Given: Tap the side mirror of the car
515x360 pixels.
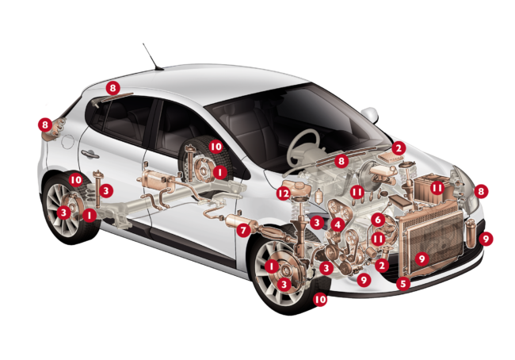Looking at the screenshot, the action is (370, 113).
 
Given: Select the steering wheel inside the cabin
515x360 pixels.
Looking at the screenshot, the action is (303, 147).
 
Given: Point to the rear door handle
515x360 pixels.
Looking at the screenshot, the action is (90, 154).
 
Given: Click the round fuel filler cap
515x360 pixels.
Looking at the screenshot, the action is (68, 141).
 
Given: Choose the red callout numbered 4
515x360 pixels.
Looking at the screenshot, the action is (338, 224).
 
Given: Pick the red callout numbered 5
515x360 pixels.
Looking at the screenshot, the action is (403, 283).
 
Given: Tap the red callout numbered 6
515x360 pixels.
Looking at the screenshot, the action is (378, 220).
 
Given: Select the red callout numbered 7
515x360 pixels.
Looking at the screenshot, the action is (243, 230).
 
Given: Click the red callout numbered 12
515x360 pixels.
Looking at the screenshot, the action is (284, 193).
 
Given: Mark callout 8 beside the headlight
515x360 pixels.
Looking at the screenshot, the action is (481, 191).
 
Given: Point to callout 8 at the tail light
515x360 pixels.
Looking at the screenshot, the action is (45, 124).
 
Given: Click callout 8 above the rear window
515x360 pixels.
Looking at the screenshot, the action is (113, 88).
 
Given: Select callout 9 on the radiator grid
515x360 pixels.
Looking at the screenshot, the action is (422, 259).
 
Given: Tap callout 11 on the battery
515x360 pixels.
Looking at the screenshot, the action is (437, 188).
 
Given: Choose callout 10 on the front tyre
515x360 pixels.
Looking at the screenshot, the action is (319, 299).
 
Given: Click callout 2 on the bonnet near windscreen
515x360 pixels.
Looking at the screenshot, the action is (399, 148).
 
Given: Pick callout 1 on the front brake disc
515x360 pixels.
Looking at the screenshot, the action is (272, 266).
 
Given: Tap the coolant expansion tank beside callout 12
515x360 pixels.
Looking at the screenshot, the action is (296, 189).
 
